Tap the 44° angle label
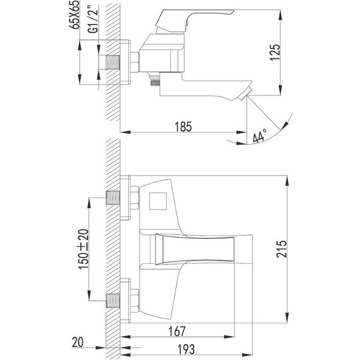coord(260,135)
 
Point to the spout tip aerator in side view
coord(246,97)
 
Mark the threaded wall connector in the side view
coord(114,64)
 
